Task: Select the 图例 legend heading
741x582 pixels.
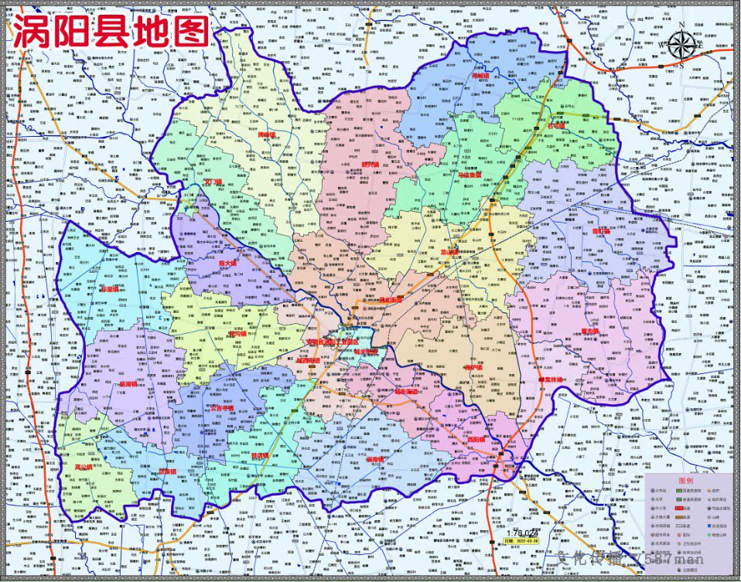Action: click(x=685, y=481)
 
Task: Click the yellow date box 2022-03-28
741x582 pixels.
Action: click(x=518, y=541)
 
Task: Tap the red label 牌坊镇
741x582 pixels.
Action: click(x=266, y=134)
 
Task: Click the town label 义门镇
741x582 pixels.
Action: click(x=213, y=183)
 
